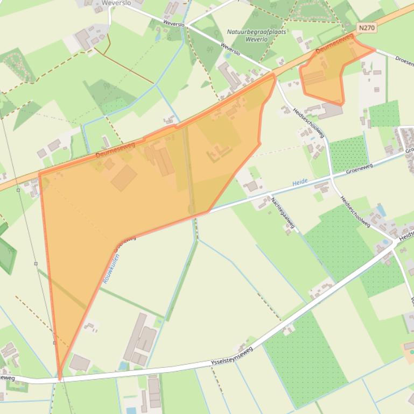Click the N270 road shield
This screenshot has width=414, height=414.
coord(366,27)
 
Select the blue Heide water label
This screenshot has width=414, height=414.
coord(300,183)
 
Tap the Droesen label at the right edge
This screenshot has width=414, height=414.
coord(403,59)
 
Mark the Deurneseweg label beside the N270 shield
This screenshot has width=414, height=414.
coord(334,43)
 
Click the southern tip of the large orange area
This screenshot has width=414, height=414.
coord(59,378)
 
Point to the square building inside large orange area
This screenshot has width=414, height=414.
coord(124,177)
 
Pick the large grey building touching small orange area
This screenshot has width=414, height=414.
coord(329,111)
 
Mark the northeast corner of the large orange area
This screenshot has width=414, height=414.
coord(274,76)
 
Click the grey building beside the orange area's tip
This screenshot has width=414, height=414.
coord(79,363)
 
